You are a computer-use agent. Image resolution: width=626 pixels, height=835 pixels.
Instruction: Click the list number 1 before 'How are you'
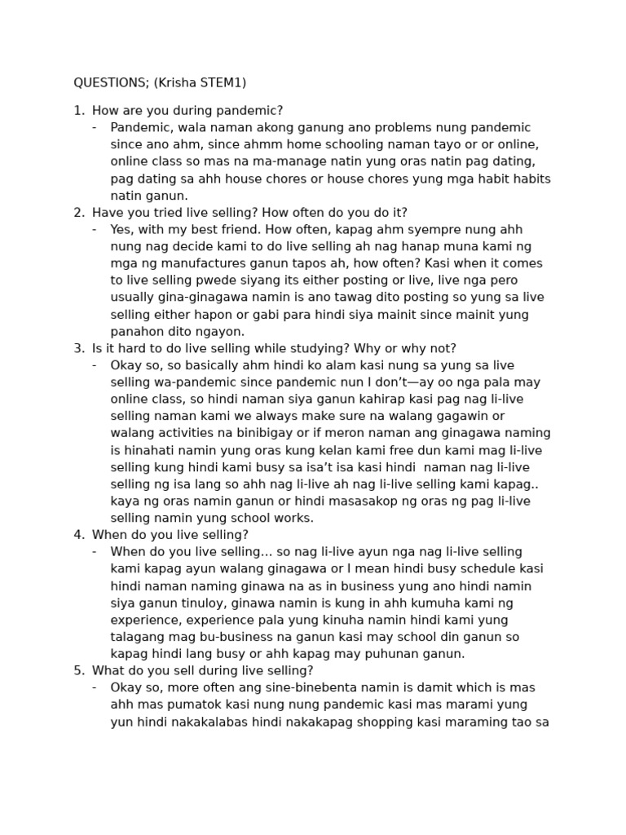click(78, 110)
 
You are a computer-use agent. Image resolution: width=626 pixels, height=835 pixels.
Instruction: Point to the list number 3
click(78, 348)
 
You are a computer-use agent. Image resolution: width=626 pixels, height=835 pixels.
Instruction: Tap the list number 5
click(78, 670)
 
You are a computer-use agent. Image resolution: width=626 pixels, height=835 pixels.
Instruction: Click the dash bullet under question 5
click(95, 687)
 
